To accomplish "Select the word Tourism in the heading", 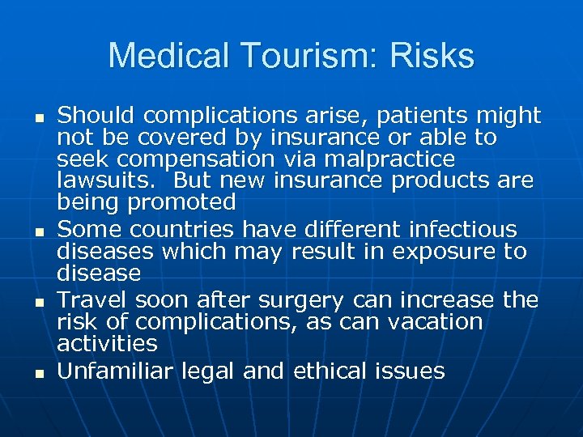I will pos(297,56).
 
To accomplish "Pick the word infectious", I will pos(466,230).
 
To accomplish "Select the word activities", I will pos(107,344).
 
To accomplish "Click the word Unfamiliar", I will pos(114,371).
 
